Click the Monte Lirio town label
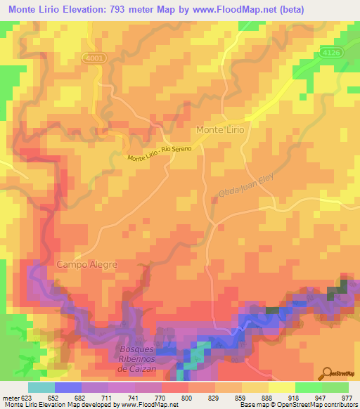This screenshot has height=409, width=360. pos(219,130)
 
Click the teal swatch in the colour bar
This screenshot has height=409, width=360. pos(41,387)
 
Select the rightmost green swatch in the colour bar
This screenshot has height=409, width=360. pos(335,387)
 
